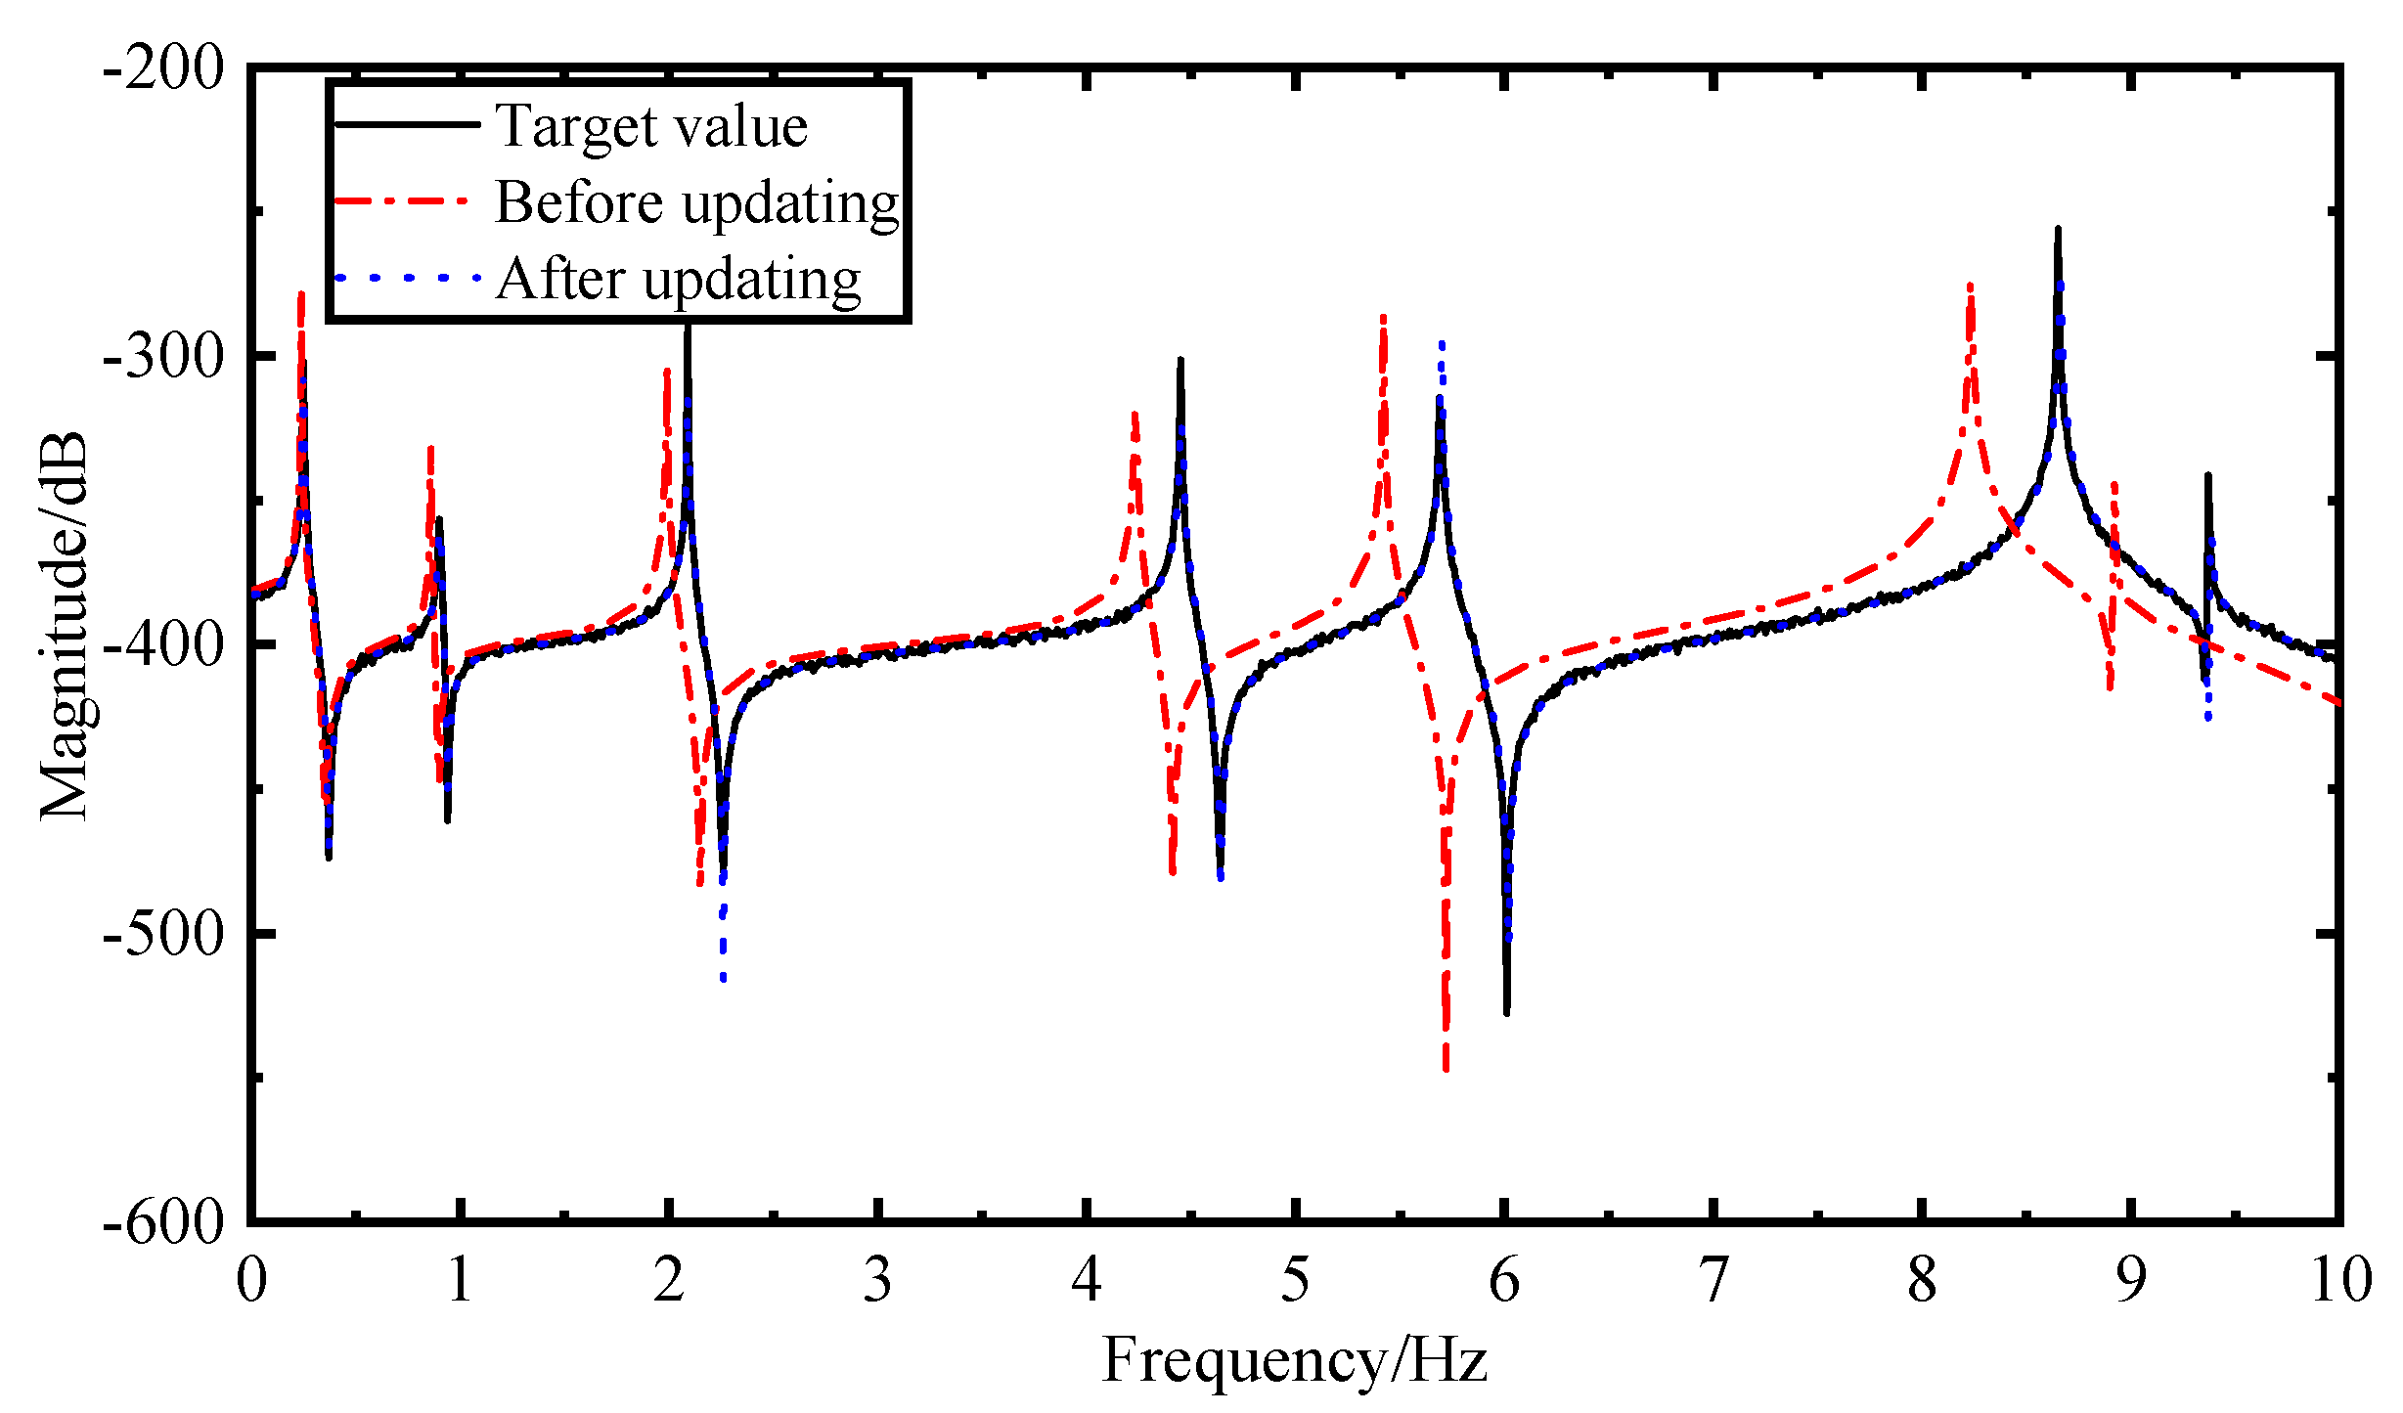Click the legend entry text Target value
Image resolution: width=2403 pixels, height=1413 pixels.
tap(651, 127)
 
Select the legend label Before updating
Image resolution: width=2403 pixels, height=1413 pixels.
tap(696, 203)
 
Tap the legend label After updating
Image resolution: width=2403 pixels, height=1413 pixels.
tap(678, 281)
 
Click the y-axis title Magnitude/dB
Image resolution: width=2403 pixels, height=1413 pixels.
tap(64, 626)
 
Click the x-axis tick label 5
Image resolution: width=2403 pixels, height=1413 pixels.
tap(1295, 1280)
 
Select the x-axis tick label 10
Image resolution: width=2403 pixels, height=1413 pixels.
tap(2341, 1280)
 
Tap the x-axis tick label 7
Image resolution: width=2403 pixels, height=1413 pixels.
tap(1713, 1280)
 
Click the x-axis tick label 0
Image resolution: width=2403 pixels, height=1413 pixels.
tap(251, 1280)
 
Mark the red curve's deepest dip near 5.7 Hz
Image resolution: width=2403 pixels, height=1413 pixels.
tap(1446, 1068)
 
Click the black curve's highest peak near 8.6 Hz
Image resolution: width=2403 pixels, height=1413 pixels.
tap(2058, 231)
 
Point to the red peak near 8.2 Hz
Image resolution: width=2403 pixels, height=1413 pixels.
tap(1970, 287)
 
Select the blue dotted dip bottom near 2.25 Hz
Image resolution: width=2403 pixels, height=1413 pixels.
tap(723, 977)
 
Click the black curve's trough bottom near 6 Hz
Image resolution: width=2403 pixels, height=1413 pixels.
tap(1506, 1011)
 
